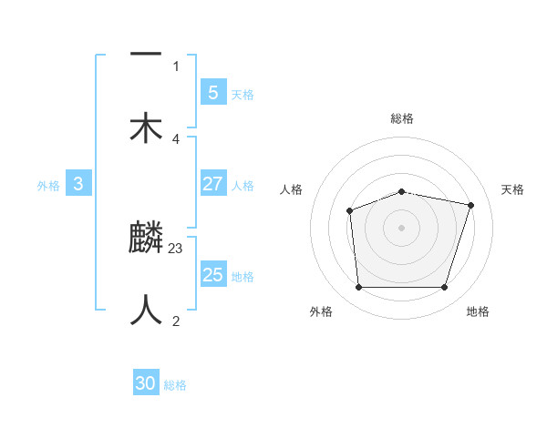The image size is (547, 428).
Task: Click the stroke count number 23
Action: pos(177,248)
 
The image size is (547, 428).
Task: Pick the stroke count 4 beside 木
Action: pos(176,138)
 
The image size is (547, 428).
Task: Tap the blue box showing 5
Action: pos(212,92)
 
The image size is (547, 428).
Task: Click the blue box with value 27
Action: pos(212,184)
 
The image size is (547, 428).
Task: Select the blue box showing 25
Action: pos(212,275)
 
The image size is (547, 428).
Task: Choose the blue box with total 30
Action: pos(146,384)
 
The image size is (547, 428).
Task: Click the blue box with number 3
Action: pos(78,184)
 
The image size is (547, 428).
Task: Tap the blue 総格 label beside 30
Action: pos(175,385)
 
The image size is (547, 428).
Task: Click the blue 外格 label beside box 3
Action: pos(48,185)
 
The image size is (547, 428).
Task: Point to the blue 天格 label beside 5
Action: pos(243,94)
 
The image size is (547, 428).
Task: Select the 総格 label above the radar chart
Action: pos(402,118)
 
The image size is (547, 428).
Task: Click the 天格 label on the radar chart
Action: pos(512,189)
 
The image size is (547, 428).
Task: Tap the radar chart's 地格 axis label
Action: pos(478,311)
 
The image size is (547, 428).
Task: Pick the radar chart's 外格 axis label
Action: pos(321,311)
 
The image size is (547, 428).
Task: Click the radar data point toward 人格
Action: pos(349,210)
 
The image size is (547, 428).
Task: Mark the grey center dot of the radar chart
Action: pos(401,228)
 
